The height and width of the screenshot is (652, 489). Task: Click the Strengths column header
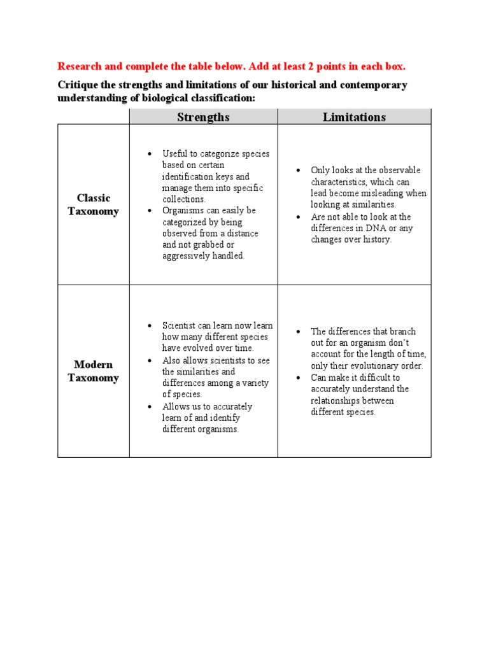coord(204,117)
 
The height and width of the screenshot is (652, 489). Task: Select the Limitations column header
coord(354,117)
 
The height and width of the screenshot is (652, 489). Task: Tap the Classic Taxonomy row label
coord(94,205)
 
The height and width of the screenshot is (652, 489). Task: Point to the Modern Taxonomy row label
coord(94,371)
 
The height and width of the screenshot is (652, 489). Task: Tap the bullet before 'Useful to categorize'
coord(149,154)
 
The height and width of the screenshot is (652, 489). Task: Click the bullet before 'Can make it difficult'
coord(297,378)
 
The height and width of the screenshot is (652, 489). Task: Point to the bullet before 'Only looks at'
coord(297,171)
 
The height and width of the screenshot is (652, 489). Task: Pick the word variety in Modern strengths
coord(254,383)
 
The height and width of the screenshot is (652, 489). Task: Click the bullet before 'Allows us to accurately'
coord(149,407)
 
